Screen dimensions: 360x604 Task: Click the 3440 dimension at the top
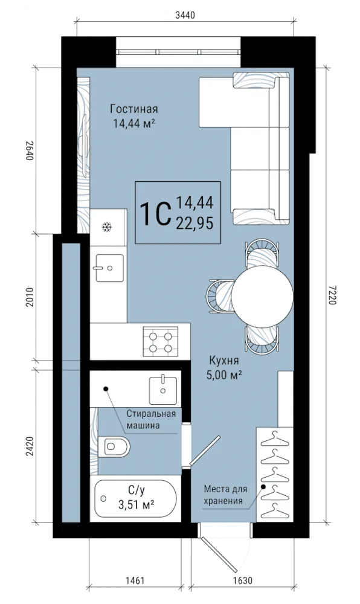185,16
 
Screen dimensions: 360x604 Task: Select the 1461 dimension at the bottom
134,580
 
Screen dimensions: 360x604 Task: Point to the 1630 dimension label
242,580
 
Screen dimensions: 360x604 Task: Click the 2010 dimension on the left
30,297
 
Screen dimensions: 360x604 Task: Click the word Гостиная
134,109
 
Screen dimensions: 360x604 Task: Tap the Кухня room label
223,361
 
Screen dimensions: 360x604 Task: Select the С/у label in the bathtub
137,490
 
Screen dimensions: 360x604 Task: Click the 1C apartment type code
155,213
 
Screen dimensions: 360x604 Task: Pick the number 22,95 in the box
194,223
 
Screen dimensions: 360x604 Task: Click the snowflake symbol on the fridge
107,227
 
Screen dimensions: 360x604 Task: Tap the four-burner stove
161,341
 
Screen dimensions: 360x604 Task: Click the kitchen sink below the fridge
110,268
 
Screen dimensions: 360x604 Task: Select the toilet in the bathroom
114,446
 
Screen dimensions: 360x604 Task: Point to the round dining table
263,297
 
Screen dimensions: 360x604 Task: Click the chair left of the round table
220,297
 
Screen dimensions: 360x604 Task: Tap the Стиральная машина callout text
152,420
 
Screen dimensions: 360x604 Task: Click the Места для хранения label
226,495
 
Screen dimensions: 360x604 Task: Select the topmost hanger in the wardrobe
274,439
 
